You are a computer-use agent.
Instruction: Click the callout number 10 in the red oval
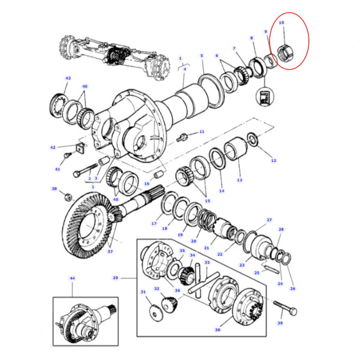pyautogui.click(x=282, y=23)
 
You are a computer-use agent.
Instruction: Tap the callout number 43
pyautogui.click(x=68, y=79)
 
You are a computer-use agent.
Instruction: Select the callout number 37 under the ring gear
pyautogui.click(x=110, y=251)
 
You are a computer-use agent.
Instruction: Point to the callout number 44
pyautogui.click(x=72, y=279)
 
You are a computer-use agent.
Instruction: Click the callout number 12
pyautogui.click(x=274, y=161)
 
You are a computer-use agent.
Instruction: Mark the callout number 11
pyautogui.click(x=202, y=131)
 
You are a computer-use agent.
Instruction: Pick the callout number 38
pyautogui.click(x=54, y=189)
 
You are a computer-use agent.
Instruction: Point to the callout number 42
pyautogui.click(x=53, y=147)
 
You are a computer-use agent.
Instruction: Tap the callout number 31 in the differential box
pyautogui.click(x=143, y=292)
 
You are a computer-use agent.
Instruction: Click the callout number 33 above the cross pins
pyautogui.click(x=207, y=262)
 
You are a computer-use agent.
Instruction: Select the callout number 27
pyautogui.click(x=269, y=220)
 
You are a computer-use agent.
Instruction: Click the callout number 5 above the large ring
pyautogui.click(x=202, y=56)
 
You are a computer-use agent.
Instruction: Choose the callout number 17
pyautogui.click(x=154, y=224)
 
